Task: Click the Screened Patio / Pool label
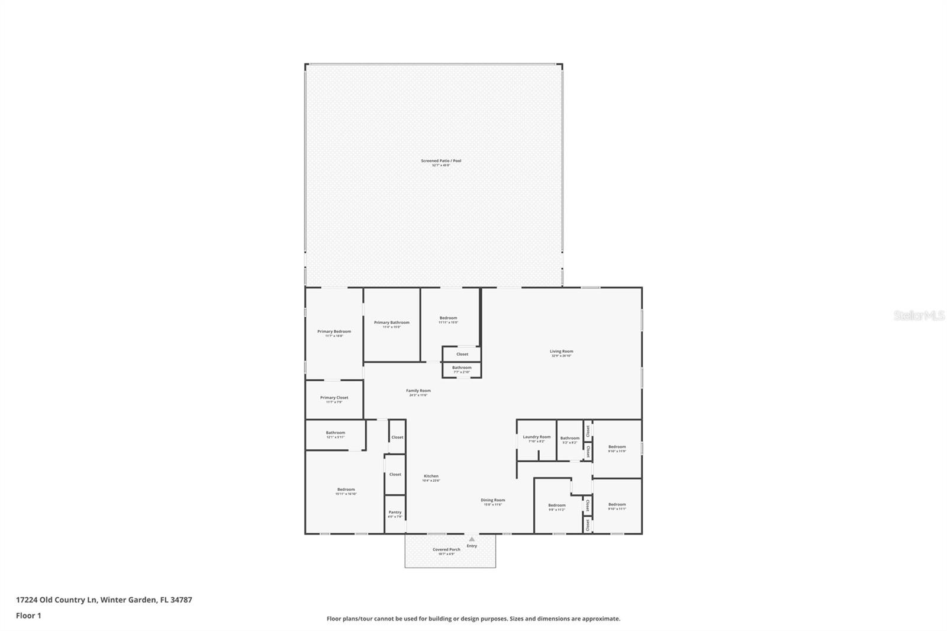click(441, 161)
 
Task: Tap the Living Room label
click(561, 352)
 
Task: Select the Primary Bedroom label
click(334, 332)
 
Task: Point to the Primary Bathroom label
click(391, 323)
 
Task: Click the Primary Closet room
click(334, 399)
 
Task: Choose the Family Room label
click(418, 391)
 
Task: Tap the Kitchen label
click(431, 477)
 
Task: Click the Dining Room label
click(492, 501)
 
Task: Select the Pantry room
click(395, 514)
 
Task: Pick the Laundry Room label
click(536, 437)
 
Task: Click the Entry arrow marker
click(472, 539)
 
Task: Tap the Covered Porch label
click(446, 550)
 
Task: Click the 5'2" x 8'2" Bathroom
click(570, 439)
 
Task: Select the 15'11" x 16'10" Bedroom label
click(346, 490)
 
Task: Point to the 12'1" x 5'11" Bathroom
click(335, 434)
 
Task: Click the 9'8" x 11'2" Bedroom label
click(556, 506)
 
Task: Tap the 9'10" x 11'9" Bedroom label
click(617, 448)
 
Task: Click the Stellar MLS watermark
click(919, 315)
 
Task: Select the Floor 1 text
click(28, 616)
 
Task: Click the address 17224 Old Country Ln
click(104, 600)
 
